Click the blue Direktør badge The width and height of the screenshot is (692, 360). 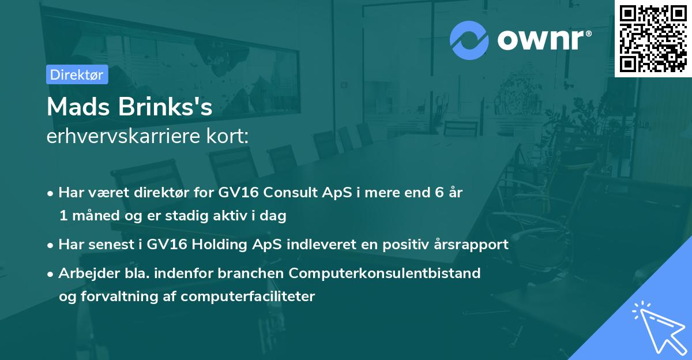(77, 74)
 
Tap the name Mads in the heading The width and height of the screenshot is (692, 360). (78, 107)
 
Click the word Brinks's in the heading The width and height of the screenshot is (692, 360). (166, 107)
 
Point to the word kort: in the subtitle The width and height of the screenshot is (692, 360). (227, 136)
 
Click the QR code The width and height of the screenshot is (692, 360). (653, 39)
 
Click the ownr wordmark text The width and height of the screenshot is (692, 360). (544, 40)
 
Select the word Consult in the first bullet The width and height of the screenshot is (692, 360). (290, 192)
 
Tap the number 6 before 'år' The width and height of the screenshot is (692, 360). (439, 192)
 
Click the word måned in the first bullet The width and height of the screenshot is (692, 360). (96, 216)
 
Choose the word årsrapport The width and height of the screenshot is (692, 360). (471, 245)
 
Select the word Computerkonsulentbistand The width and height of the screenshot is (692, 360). (385, 273)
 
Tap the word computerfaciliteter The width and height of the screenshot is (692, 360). (248, 297)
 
